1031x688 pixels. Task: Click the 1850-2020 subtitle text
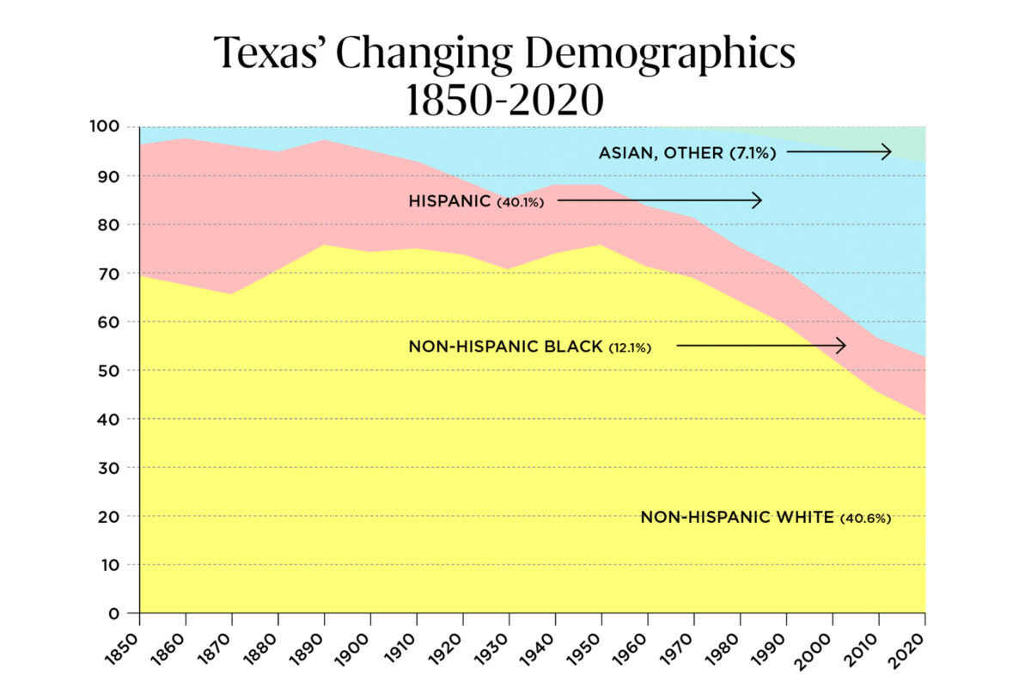click(x=504, y=100)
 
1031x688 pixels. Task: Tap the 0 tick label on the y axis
click(x=122, y=613)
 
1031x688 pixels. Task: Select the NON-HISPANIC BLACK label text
click(x=506, y=347)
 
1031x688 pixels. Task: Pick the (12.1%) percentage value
click(x=631, y=347)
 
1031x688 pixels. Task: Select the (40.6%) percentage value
click(x=865, y=519)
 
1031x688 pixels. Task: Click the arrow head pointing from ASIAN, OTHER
click(x=888, y=152)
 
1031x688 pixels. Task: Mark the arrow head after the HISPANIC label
click(x=757, y=200)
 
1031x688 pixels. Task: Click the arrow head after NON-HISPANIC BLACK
click(x=842, y=346)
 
